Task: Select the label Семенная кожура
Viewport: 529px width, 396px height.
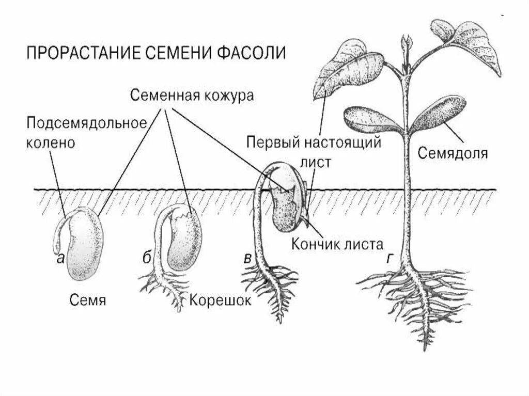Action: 192,96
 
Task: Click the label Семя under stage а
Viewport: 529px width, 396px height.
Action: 86,299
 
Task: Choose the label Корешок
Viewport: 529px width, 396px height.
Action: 220,299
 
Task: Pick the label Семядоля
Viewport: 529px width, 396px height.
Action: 453,153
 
